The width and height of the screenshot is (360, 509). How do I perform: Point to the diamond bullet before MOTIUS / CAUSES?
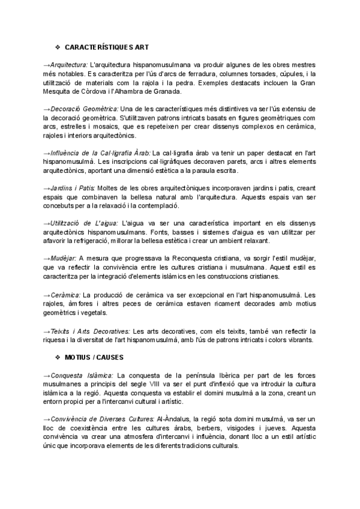point(58,358)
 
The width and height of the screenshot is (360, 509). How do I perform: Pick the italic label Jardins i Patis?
point(71,187)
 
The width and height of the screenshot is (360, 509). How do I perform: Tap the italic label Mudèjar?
point(63,258)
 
